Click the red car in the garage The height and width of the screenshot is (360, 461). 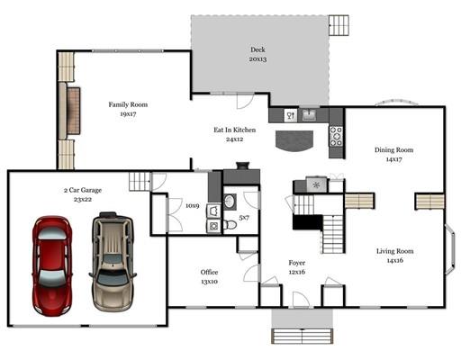[x=52, y=265]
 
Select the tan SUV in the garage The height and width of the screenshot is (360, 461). [x=113, y=262]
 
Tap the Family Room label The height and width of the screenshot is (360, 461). [x=128, y=104]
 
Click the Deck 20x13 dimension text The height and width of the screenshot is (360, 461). [x=258, y=59]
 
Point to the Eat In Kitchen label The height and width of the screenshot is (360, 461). [x=235, y=130]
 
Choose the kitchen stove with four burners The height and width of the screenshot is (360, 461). [x=336, y=136]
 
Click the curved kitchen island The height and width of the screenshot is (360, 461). [x=294, y=141]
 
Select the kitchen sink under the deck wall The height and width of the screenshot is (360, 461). [x=309, y=115]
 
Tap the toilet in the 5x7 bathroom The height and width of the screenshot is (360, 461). [x=230, y=224]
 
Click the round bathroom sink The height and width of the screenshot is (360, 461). [x=230, y=202]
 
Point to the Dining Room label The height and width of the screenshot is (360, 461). [x=393, y=150]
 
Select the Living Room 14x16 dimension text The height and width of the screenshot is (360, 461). [x=395, y=260]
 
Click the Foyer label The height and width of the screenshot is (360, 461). [x=297, y=263]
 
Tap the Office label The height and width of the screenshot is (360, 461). [x=209, y=272]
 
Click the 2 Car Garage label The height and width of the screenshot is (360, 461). [x=83, y=190]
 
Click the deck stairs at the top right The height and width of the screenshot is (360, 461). [x=339, y=25]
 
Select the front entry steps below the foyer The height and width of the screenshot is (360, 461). [x=303, y=336]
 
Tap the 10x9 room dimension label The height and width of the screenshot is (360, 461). [x=192, y=206]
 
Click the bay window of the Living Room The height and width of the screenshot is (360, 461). [x=450, y=248]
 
